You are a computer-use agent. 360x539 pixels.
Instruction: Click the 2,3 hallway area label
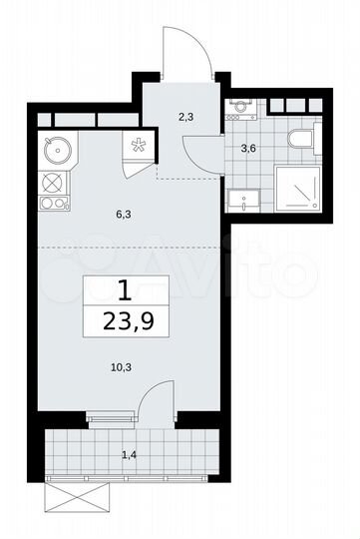[x=185, y=116]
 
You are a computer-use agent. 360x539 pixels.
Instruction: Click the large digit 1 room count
[x=125, y=291]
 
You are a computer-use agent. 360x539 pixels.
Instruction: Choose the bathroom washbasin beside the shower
[x=241, y=199]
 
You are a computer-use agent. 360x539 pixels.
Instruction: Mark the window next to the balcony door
[x=111, y=417]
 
